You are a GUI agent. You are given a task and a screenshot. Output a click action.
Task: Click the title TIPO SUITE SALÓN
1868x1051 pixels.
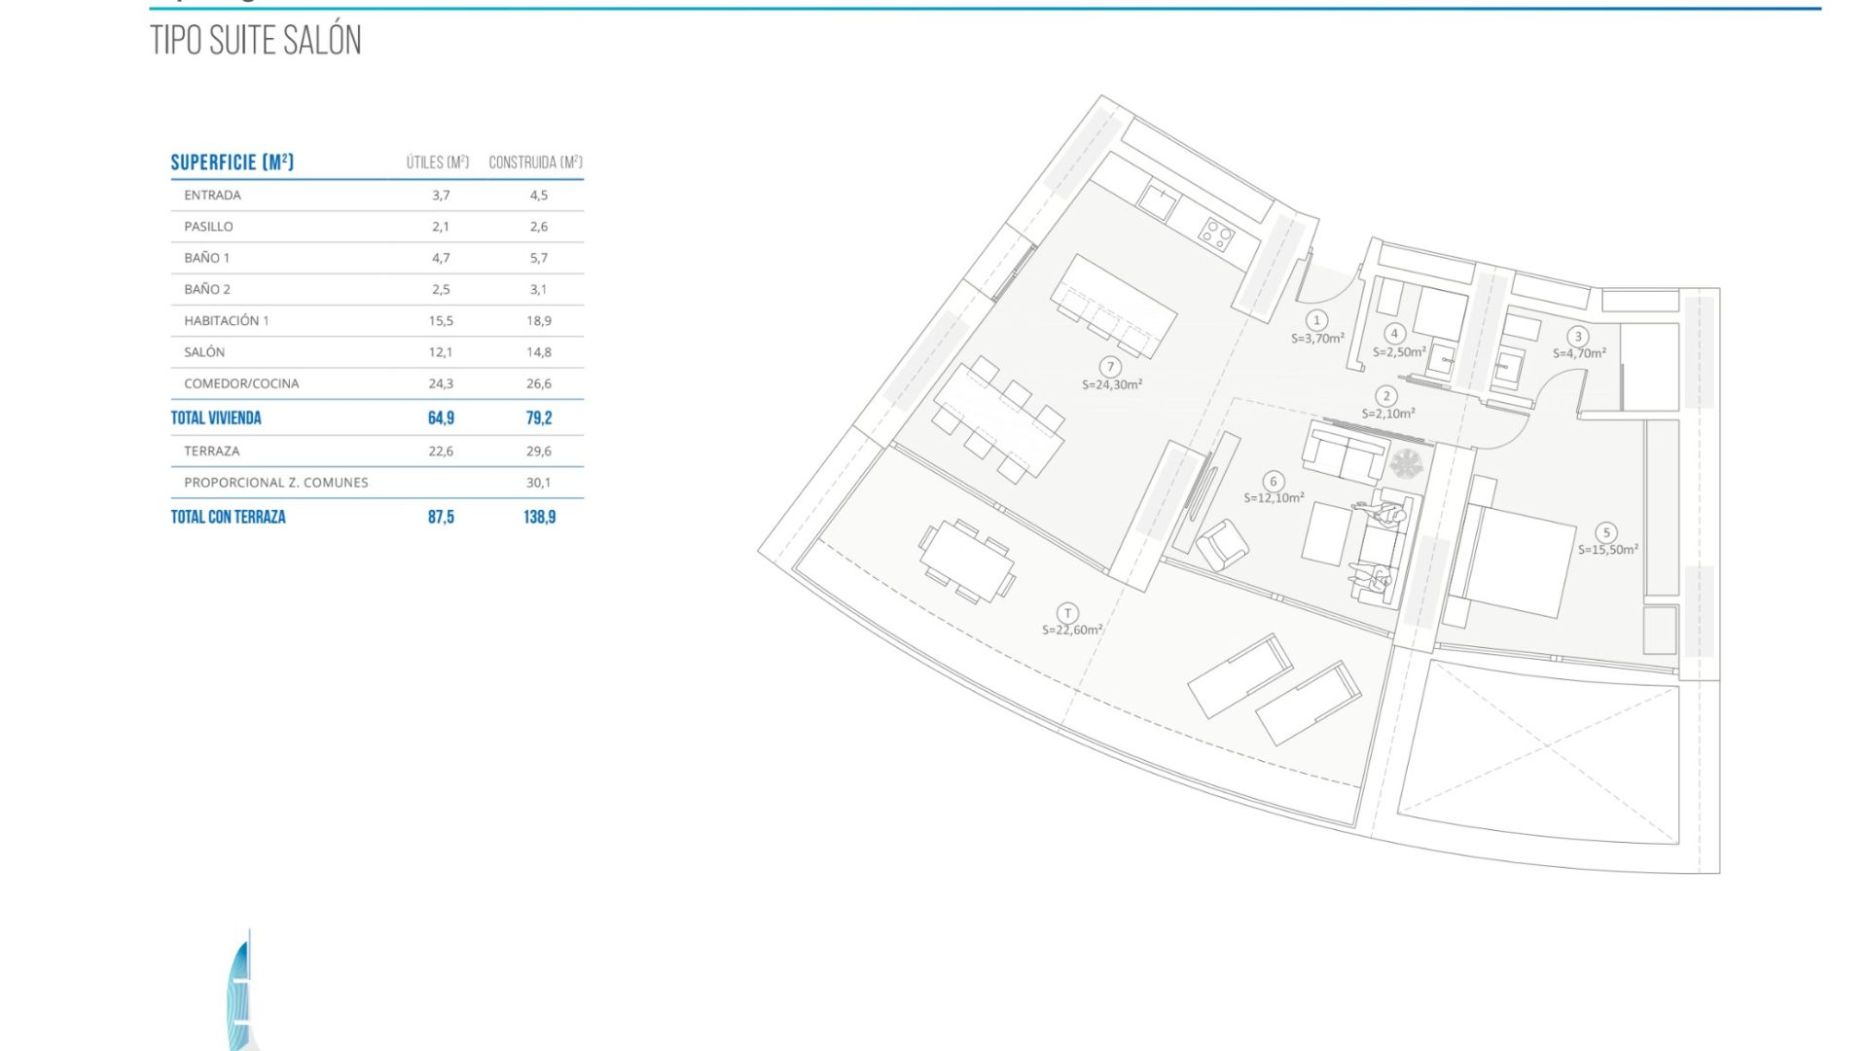click(256, 40)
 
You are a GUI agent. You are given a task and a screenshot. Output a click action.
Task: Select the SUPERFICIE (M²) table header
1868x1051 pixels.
click(233, 163)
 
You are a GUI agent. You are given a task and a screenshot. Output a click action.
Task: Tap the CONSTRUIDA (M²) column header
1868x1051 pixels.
click(535, 163)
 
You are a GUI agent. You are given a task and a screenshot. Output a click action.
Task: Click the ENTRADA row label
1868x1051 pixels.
click(212, 196)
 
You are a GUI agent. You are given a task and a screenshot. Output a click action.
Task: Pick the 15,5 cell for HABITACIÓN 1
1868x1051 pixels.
click(441, 321)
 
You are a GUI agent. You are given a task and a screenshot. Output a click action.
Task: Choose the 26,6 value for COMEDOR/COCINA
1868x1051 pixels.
click(539, 383)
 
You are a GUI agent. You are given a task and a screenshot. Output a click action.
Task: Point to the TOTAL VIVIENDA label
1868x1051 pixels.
click(216, 418)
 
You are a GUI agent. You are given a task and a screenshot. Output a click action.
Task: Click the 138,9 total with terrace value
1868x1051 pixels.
click(540, 517)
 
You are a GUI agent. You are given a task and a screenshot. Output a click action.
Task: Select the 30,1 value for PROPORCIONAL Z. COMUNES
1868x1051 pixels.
click(539, 483)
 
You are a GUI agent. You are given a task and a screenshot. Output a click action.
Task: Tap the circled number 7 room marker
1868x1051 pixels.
click(1110, 367)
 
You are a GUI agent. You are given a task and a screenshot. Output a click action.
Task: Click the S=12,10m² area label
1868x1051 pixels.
click(1274, 498)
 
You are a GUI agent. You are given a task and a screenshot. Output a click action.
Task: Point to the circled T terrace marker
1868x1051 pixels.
click(1068, 613)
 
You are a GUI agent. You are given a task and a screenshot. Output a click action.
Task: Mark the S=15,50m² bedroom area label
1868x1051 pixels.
click(1608, 550)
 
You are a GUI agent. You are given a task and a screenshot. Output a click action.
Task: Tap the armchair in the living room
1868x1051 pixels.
click(1222, 544)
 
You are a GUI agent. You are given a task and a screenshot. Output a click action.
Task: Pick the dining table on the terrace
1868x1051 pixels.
click(967, 562)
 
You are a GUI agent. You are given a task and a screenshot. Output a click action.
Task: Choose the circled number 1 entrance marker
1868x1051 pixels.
click(1317, 320)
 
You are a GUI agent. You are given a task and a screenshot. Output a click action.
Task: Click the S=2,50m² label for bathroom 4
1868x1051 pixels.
click(1399, 352)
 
